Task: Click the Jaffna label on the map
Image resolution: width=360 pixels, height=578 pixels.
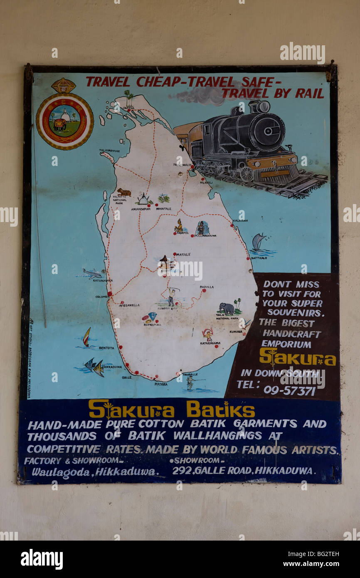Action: (128, 107)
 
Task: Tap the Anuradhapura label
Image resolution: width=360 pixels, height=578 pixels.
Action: (141, 209)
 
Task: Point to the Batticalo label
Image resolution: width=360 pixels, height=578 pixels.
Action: (259, 258)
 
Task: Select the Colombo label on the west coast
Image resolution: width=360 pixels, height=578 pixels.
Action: (102, 296)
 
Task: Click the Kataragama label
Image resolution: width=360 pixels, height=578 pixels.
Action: (210, 343)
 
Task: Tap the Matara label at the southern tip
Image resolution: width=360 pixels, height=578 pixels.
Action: (161, 384)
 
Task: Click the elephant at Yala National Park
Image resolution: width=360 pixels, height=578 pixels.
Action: (227, 308)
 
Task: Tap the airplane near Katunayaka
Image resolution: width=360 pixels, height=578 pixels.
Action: (92, 273)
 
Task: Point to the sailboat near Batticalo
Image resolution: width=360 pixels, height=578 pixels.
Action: (258, 242)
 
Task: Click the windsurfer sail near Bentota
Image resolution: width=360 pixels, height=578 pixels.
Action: (86, 336)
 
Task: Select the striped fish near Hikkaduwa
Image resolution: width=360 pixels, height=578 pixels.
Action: (94, 367)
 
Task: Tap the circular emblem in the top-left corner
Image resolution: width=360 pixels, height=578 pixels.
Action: (65, 121)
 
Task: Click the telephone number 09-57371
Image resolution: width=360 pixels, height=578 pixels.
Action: (289, 390)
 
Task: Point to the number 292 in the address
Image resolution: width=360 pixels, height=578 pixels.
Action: (181, 471)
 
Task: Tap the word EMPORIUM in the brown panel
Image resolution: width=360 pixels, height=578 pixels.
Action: (286, 344)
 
